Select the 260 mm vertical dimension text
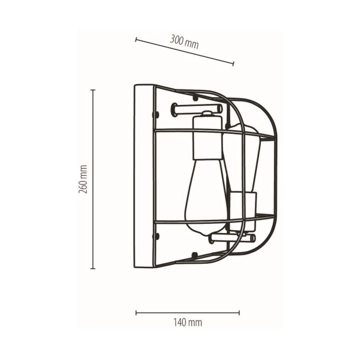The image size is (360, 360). pyautogui.click(x=83, y=179)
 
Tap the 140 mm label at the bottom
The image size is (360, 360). pyautogui.click(x=188, y=323)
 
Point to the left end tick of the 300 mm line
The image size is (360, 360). pyautogui.click(x=136, y=40)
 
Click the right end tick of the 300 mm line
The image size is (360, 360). pyautogui.click(x=234, y=64)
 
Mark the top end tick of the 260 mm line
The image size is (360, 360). pyautogui.click(x=93, y=90)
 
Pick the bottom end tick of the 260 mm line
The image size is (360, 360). pyautogui.click(x=93, y=268)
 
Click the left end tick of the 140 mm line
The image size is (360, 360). pyautogui.click(x=136, y=312)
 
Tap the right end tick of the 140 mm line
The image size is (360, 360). pyautogui.click(x=239, y=312)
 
